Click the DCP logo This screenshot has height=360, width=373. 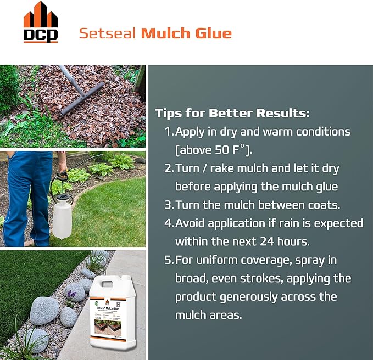[41, 22]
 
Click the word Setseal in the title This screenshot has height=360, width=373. [108, 33]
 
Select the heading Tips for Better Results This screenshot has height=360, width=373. [232, 114]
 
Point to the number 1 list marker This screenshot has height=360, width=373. [168, 132]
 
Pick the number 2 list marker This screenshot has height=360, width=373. [168, 168]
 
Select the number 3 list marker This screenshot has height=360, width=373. [168, 205]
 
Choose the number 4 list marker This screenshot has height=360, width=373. [168, 223]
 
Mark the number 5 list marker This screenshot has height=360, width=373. [168, 260]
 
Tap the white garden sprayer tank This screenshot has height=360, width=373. [62, 217]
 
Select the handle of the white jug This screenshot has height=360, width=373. [106, 286]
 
